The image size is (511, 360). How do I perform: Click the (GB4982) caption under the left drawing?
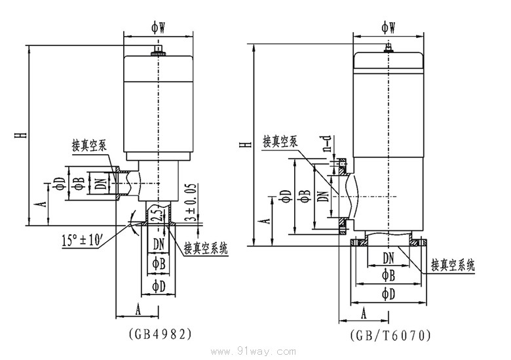[x=160, y=333]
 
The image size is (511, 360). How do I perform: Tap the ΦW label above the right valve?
[x=388, y=26]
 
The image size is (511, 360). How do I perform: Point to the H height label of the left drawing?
[x=23, y=135]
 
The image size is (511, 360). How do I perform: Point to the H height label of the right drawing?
[x=244, y=144]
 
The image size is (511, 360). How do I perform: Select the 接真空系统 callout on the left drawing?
[x=206, y=249]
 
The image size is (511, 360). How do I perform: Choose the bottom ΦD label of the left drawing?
[x=158, y=286]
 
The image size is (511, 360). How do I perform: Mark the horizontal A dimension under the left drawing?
[x=138, y=307]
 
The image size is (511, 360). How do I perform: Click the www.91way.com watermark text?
[x=260, y=351]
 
